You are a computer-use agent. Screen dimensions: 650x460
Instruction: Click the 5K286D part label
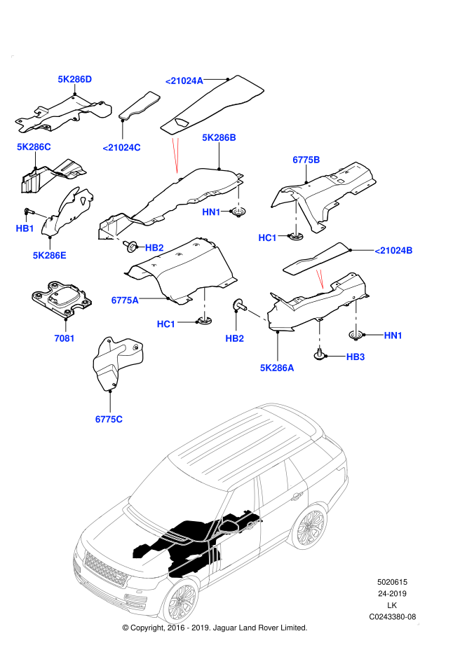[75, 79]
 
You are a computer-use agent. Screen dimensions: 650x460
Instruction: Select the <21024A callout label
[184, 81]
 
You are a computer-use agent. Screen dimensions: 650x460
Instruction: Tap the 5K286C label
[34, 147]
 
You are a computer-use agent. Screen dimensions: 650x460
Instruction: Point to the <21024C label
[122, 148]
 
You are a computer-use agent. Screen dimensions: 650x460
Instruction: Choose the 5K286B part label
[219, 137]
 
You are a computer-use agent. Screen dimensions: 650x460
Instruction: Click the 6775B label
[306, 160]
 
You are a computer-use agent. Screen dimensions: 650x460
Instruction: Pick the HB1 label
[25, 228]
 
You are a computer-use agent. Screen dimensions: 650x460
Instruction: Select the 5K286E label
[50, 256]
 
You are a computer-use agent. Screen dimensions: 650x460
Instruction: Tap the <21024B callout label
[394, 251]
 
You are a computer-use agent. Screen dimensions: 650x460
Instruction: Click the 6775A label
[125, 300]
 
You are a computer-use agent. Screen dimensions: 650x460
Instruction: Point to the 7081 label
[65, 338]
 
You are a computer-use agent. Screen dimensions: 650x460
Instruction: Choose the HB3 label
[356, 357]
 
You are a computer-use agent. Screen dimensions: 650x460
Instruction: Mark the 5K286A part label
[277, 368]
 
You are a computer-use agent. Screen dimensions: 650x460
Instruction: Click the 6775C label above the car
[109, 420]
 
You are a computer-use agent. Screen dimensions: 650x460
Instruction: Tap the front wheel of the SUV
[182, 600]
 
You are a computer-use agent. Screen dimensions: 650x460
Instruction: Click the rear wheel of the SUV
[310, 527]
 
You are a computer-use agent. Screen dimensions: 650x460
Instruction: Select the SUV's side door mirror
[229, 525]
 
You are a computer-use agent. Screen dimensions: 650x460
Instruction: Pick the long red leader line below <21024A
[175, 155]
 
